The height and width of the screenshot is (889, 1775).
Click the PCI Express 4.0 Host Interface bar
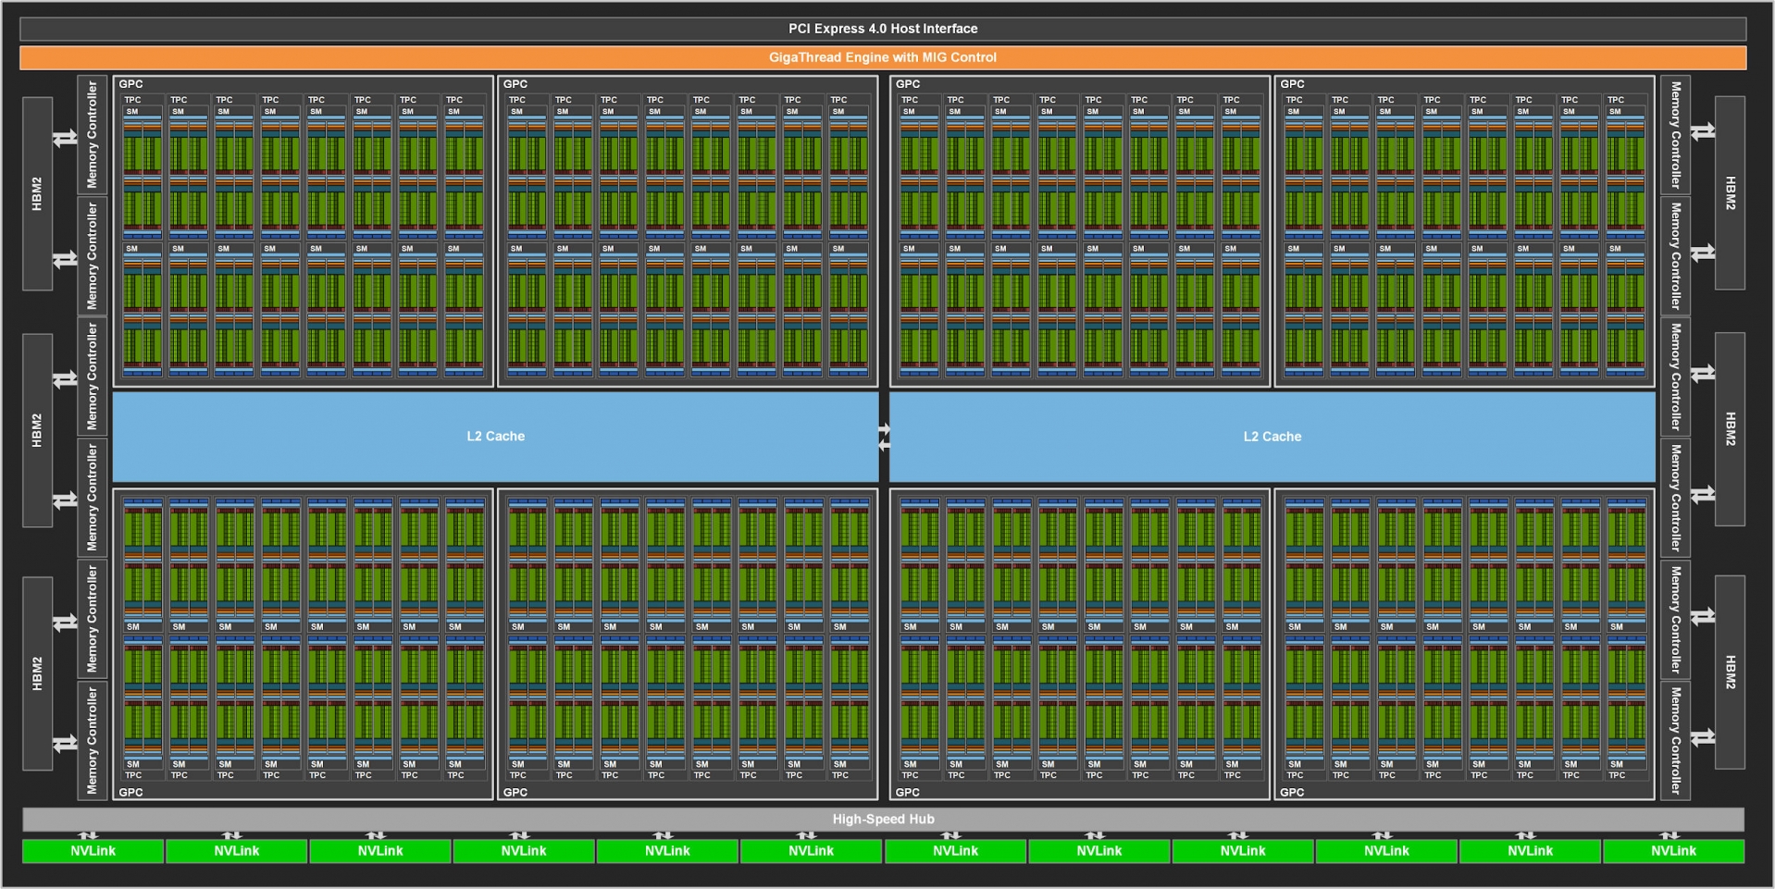883,29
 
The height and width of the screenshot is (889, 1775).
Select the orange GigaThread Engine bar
883,57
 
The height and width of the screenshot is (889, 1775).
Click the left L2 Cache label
495,437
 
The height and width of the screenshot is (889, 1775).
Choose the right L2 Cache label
1272,437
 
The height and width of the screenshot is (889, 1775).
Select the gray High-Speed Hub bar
883,819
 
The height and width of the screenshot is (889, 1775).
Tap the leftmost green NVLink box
93,851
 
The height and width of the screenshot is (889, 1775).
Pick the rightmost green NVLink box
1673,851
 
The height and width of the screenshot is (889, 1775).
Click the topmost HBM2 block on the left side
37,193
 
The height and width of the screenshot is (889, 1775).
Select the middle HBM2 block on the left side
37,430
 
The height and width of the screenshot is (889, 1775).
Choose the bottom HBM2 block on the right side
1730,673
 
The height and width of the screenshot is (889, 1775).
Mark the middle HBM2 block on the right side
1730,429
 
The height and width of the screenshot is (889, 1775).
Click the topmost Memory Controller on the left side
92,135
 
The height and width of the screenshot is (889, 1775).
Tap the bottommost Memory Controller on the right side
1675,740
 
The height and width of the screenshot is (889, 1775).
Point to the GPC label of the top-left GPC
130,84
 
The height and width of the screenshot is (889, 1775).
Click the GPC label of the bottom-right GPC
1292,792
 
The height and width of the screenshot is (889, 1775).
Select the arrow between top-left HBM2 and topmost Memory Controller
65,138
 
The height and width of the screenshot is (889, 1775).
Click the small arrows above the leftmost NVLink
89,835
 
